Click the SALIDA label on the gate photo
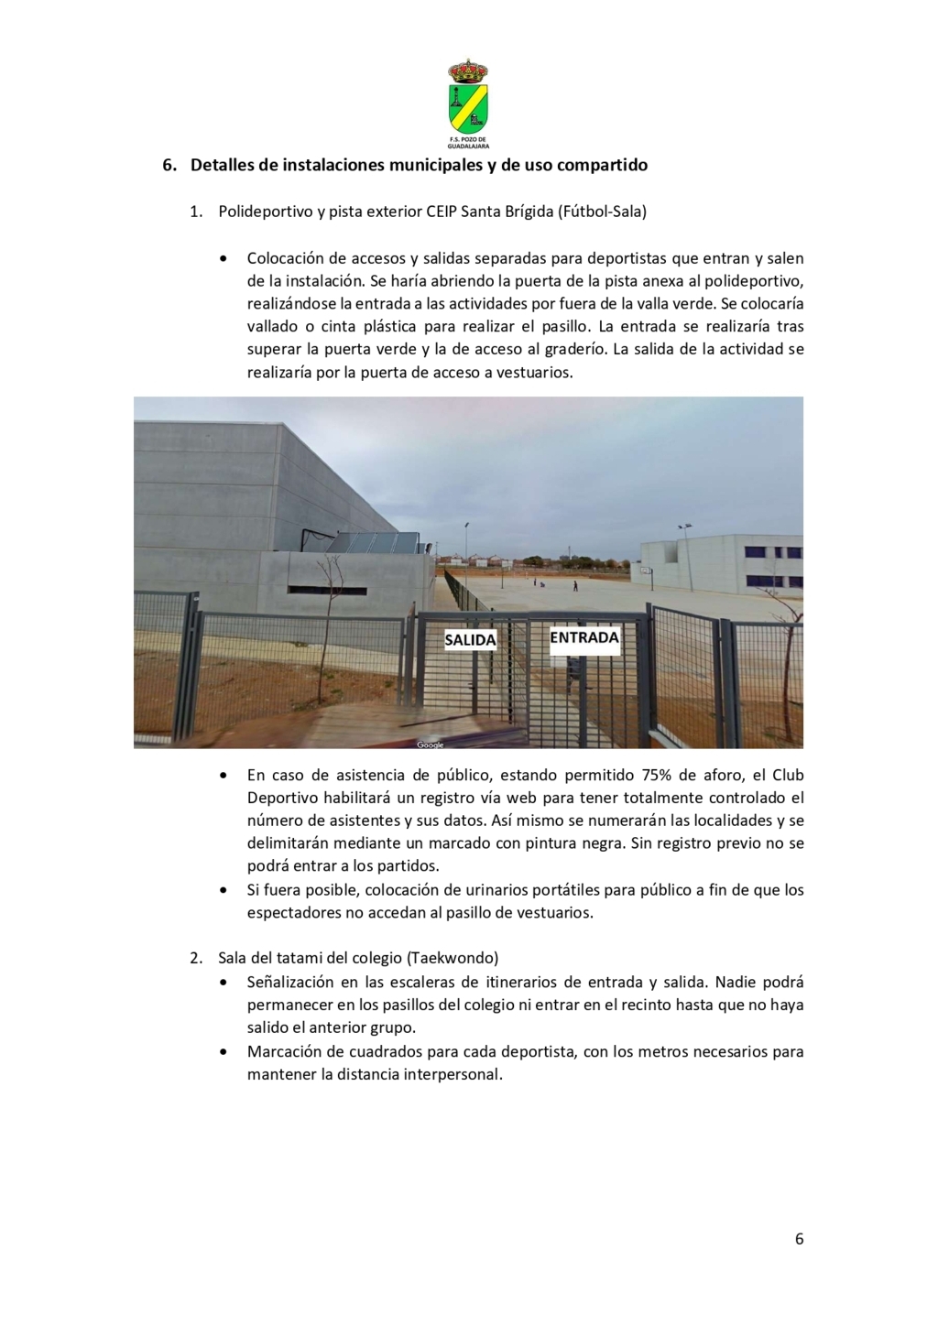470,640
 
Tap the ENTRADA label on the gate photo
584,637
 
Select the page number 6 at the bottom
799,1239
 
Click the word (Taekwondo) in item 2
453,958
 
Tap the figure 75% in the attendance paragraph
658,775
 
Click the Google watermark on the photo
431,745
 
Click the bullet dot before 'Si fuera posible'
224,890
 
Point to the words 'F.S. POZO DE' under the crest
468,140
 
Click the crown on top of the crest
468,71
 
